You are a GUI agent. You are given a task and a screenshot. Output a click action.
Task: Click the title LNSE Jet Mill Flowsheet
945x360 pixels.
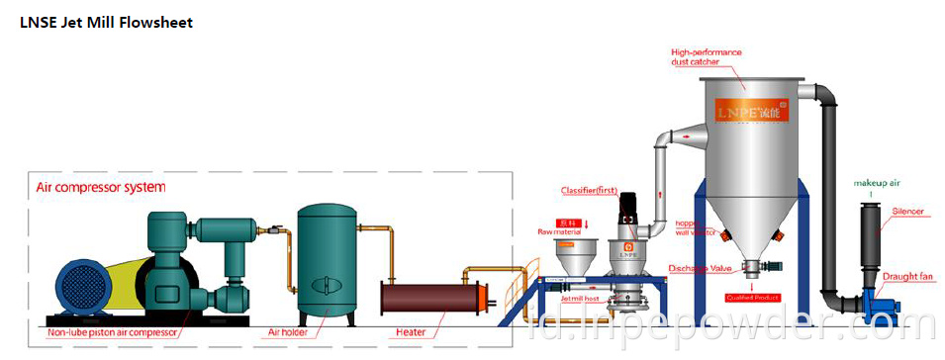pyautogui.click(x=107, y=23)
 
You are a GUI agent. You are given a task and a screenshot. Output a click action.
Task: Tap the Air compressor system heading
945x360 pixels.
pyautogui.click(x=101, y=186)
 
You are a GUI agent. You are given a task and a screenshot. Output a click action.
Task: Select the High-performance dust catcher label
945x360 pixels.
pyautogui.click(x=707, y=56)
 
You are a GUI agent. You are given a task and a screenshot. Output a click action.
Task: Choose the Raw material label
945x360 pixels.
pyautogui.click(x=558, y=229)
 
